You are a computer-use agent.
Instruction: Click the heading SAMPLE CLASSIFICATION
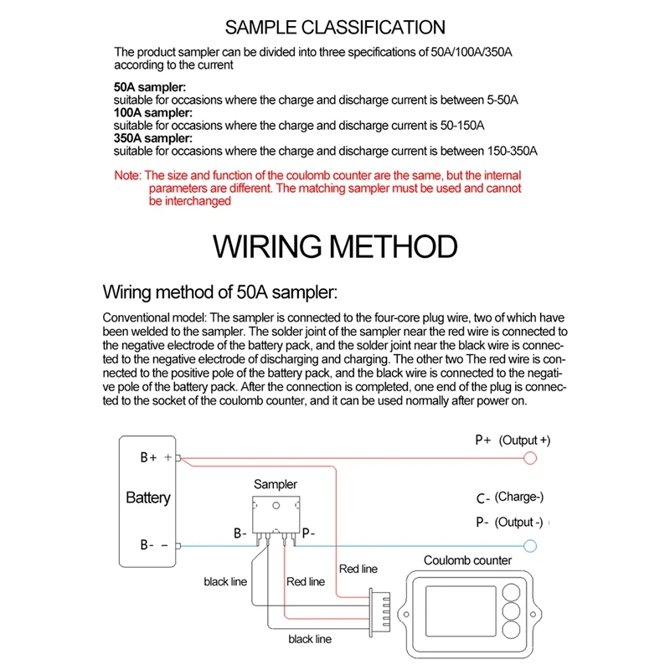click(334, 28)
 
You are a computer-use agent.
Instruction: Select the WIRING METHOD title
click(334, 247)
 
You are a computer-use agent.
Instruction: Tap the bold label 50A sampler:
click(150, 86)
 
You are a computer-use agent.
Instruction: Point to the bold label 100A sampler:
click(153, 112)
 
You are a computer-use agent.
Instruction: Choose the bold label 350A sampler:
click(153, 137)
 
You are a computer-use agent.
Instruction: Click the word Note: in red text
click(128, 176)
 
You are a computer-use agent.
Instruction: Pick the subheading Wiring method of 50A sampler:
click(219, 292)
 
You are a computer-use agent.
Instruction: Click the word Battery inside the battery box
click(147, 497)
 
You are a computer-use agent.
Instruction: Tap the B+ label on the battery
click(149, 458)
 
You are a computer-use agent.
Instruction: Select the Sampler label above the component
click(275, 484)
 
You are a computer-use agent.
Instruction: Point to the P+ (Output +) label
click(513, 441)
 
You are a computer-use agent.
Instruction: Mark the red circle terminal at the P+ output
click(529, 458)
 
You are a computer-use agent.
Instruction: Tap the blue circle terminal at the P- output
click(529, 545)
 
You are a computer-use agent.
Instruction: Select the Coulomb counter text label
click(467, 561)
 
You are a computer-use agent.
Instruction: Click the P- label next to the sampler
click(307, 533)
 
